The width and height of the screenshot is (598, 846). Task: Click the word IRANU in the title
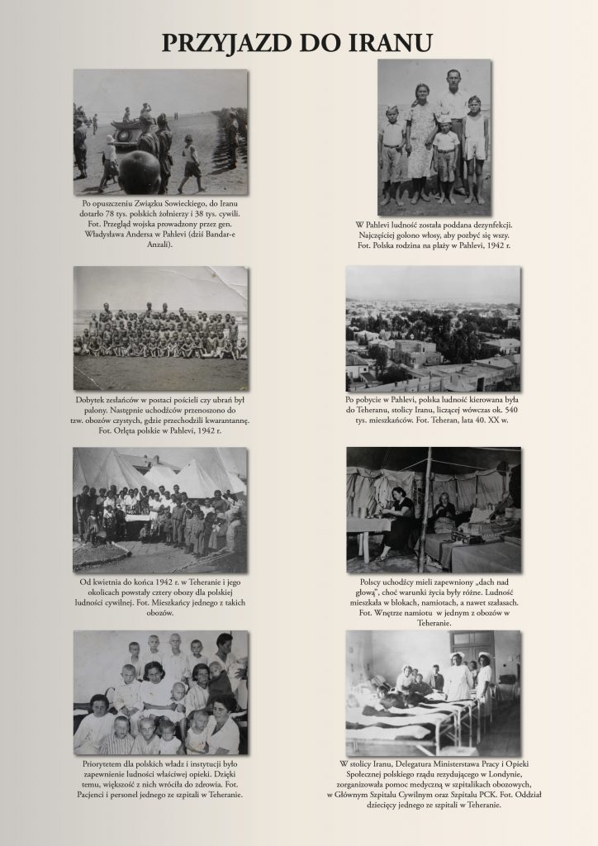coord(386,43)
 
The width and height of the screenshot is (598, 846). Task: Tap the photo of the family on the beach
coord(434,138)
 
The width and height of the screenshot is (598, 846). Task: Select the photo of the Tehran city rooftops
coord(433,329)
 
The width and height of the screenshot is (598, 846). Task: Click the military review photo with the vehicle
coord(160,131)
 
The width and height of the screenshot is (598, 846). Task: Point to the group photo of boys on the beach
coord(160,328)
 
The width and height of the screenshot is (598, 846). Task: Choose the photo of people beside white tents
coord(160,509)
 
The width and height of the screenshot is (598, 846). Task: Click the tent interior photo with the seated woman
coord(433,509)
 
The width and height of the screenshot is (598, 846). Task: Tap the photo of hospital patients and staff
coord(160,692)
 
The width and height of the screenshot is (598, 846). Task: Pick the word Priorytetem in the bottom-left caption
coord(106,764)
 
